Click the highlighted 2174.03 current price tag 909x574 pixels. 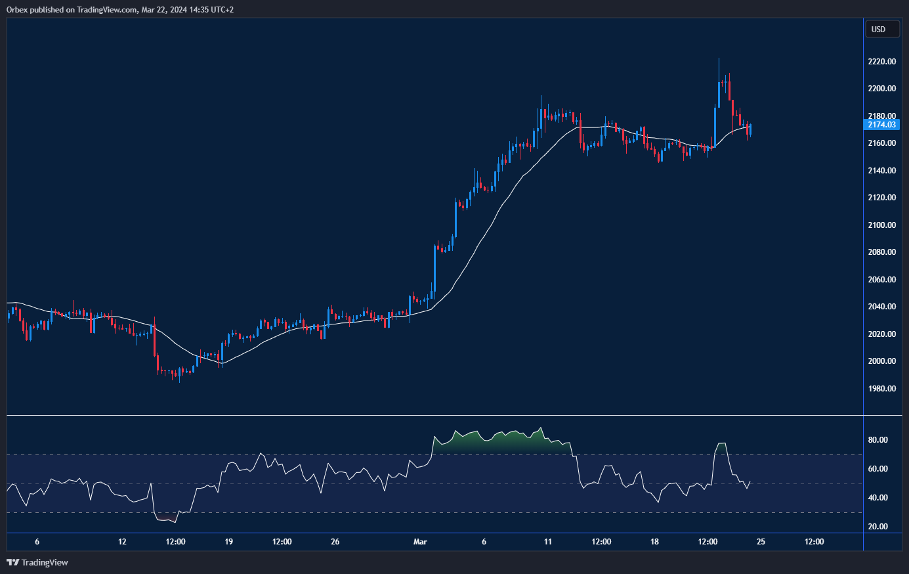coord(881,124)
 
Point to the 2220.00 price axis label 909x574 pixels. coord(881,62)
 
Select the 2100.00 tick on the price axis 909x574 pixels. coord(881,225)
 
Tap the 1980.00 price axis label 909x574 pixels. coord(881,389)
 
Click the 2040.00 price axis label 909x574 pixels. coord(881,307)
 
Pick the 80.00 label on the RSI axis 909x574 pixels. coord(878,440)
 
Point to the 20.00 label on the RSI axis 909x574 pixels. coord(878,527)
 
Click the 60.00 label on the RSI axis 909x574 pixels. coord(878,469)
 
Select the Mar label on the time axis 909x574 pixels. coord(420,542)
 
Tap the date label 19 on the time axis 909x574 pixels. coord(229,542)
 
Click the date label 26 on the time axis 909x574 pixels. coord(335,542)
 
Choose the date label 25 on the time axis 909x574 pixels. coord(761,542)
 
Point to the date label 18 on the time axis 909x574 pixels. coord(654,542)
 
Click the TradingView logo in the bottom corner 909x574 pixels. coord(37,562)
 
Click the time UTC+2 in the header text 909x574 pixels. coord(222,10)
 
